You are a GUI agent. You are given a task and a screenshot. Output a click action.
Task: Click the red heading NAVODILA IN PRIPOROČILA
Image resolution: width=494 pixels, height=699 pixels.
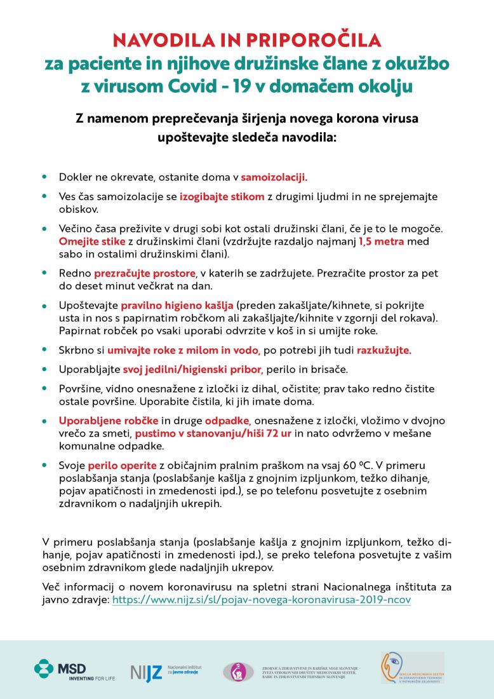247,41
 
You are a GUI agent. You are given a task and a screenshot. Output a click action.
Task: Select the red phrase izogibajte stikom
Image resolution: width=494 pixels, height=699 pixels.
222,197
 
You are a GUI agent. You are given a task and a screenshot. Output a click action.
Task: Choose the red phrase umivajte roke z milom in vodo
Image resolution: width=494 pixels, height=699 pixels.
184,349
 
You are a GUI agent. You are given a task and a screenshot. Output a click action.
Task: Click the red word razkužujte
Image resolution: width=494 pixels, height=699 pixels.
384,349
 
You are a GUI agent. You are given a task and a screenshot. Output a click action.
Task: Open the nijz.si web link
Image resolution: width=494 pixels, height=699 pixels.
261,599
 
